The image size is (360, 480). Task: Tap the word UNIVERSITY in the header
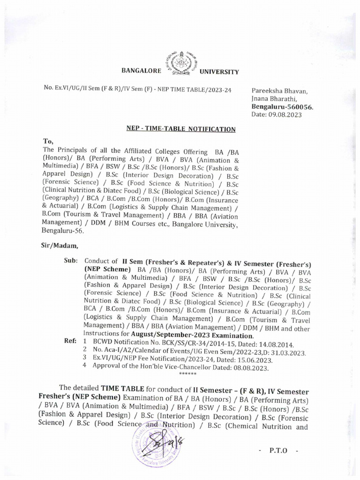(x=219, y=72)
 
